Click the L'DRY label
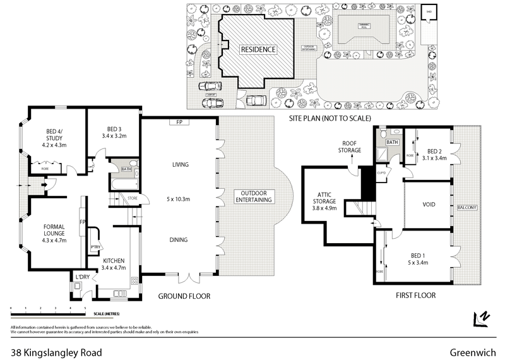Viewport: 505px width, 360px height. coord(81,277)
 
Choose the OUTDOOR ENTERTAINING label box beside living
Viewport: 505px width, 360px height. coord(254,196)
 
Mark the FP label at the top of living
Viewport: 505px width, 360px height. coord(179,121)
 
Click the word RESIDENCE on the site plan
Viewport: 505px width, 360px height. coord(257,49)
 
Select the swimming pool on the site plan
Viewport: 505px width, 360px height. coord(362,28)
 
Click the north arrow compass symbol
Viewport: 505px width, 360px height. coord(482,319)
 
